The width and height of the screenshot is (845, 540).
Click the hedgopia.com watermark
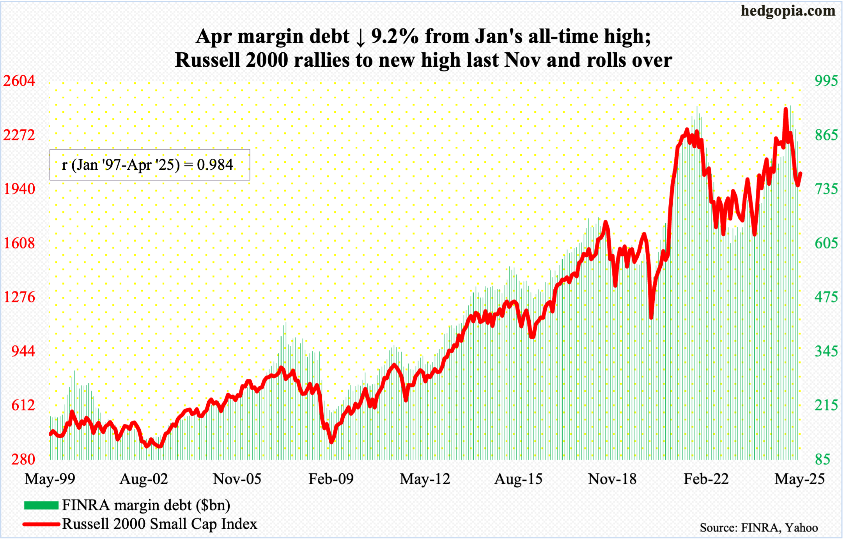point(788,11)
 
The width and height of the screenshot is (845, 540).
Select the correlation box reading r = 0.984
point(150,165)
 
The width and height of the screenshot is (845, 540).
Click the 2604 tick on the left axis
point(19,81)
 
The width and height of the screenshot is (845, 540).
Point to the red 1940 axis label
point(19,189)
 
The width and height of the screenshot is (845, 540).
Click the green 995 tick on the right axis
point(826,81)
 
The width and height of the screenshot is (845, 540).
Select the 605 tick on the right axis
point(826,243)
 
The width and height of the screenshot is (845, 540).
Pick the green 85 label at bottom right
point(822,459)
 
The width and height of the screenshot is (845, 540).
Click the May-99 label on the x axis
point(50,479)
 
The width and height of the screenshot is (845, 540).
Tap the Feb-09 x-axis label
point(331,479)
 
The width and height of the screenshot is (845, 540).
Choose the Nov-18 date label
point(612,479)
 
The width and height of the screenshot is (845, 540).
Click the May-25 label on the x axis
point(799,479)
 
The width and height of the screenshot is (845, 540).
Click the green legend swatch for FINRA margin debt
point(41,505)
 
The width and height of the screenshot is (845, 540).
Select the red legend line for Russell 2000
point(41,524)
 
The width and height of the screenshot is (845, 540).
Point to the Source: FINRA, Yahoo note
point(758,528)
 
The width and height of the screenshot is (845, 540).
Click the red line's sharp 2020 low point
point(651,317)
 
